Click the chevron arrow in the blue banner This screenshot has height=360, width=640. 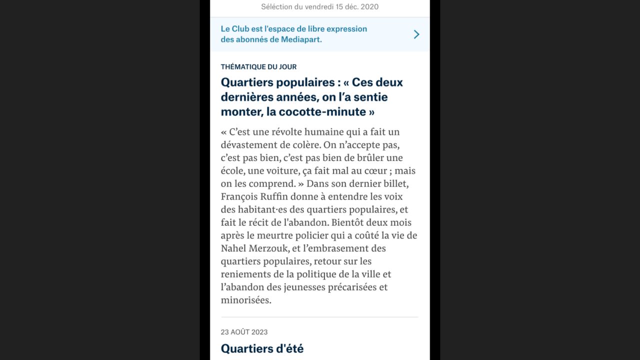[416, 34]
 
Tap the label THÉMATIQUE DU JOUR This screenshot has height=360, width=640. [258, 66]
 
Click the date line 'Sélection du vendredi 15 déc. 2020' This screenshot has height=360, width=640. [319, 6]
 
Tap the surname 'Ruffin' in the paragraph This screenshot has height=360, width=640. [274, 196]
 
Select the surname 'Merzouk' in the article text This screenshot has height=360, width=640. [270, 248]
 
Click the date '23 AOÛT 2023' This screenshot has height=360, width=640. [244, 332]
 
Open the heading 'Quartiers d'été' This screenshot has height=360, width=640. [262, 348]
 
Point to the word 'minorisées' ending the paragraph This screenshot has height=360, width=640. [245, 300]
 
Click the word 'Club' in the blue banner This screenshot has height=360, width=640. [240, 29]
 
